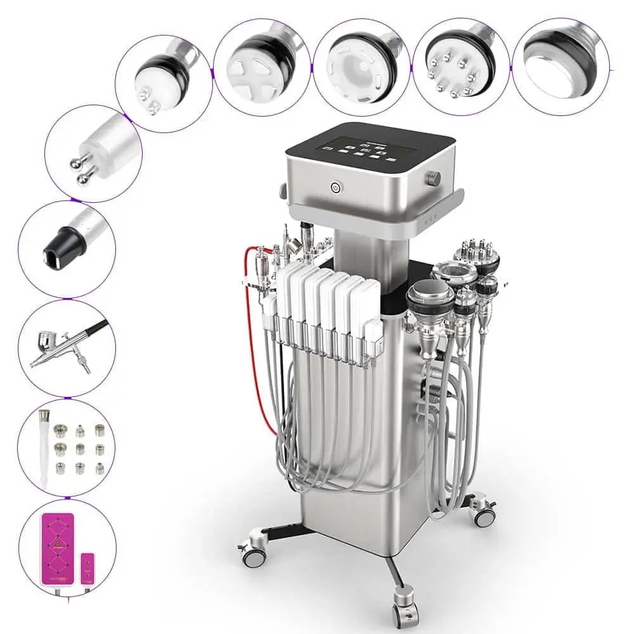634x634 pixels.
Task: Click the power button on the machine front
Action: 335,187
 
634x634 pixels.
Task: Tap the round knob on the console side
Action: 433,177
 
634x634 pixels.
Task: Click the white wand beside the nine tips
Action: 44,447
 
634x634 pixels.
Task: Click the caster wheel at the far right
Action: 484,515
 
